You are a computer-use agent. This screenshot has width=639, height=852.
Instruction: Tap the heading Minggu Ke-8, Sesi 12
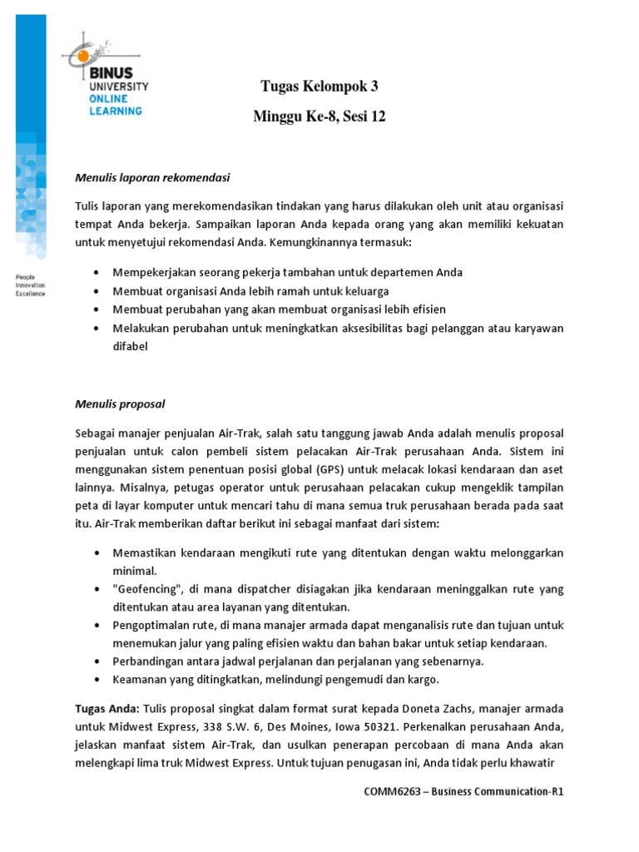[x=319, y=117]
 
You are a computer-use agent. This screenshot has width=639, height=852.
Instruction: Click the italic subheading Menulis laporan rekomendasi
[x=151, y=178]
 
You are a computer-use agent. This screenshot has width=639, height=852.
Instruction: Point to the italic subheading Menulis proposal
[x=120, y=404]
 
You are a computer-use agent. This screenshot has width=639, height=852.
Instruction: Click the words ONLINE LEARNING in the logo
[x=115, y=104]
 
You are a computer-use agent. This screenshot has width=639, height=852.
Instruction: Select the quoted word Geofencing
[x=145, y=589]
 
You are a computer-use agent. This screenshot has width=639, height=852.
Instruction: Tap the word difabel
[x=130, y=347]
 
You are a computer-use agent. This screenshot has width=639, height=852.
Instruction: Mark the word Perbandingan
[x=147, y=661]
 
